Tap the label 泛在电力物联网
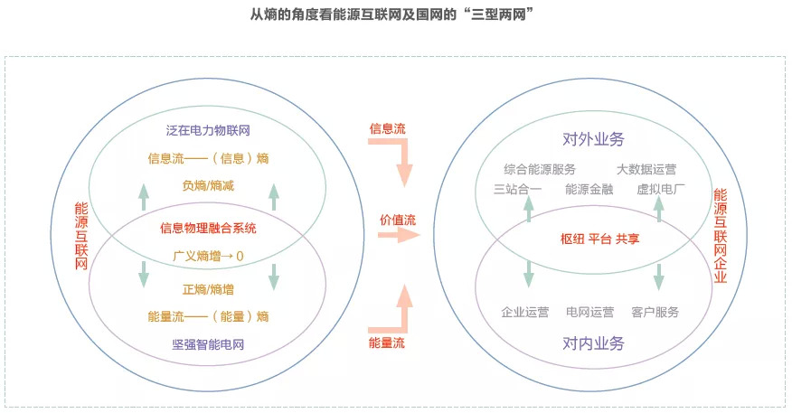pyautogui.click(x=208, y=131)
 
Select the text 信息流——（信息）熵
pyautogui.click(x=208, y=158)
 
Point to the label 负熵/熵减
pyautogui.click(x=207, y=187)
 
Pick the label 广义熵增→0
pyautogui.click(x=208, y=256)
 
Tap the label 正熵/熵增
pyautogui.click(x=208, y=289)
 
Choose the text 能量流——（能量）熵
pyautogui.click(x=208, y=316)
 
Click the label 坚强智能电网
pyautogui.click(x=208, y=344)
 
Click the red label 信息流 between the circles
pyautogui.click(x=387, y=128)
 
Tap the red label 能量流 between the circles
pyautogui.click(x=387, y=343)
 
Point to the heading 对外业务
pyautogui.click(x=593, y=139)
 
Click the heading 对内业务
pyautogui.click(x=593, y=343)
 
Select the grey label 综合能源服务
pyautogui.click(x=540, y=169)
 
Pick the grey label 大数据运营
pyautogui.click(x=646, y=169)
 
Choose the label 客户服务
pyautogui.click(x=655, y=312)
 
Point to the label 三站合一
pyautogui.click(x=517, y=189)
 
